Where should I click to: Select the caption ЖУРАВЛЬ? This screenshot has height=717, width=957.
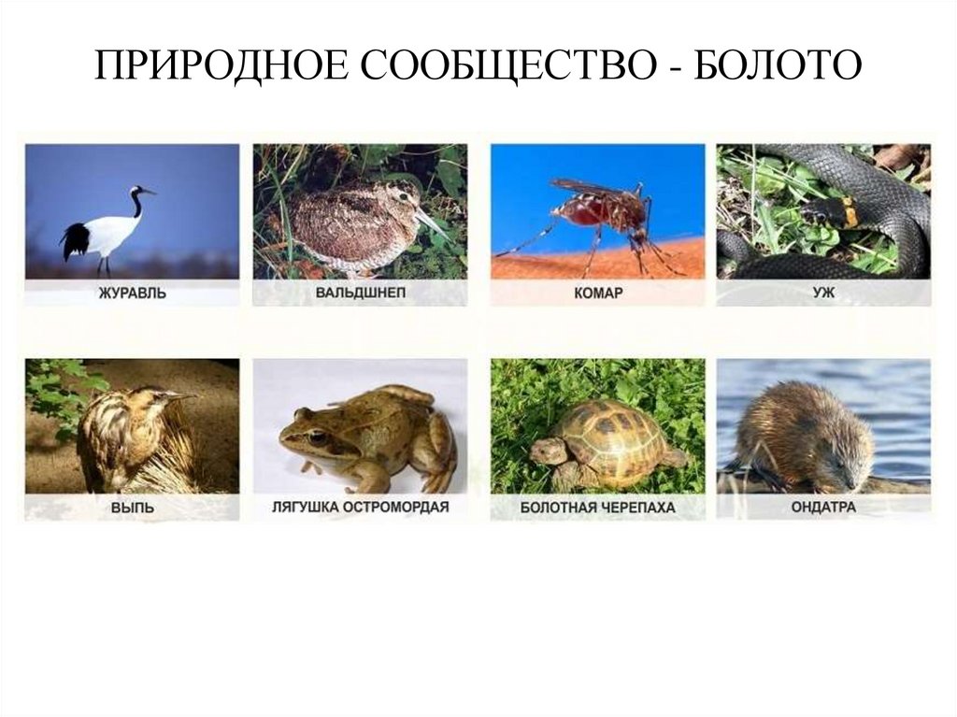click(132, 293)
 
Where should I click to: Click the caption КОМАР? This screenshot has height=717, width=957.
click(598, 293)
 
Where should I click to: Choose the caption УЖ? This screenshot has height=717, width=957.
click(823, 293)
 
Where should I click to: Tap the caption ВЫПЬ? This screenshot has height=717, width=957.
click(132, 508)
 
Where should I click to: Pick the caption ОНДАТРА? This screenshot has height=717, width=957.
click(823, 508)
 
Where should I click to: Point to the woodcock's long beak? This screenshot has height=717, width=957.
click(433, 224)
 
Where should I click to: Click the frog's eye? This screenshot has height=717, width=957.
click(318, 436)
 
